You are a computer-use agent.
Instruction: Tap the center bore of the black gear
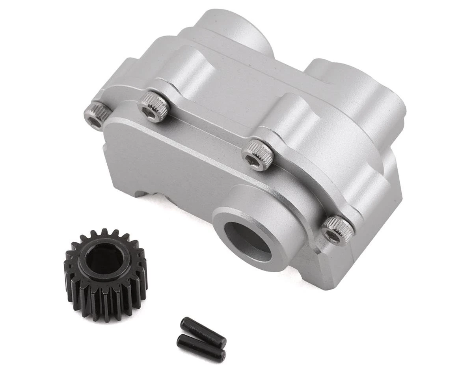[104, 260]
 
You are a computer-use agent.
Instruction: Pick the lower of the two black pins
[201, 348]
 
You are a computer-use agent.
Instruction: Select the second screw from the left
[153, 107]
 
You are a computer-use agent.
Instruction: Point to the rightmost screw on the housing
[337, 231]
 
